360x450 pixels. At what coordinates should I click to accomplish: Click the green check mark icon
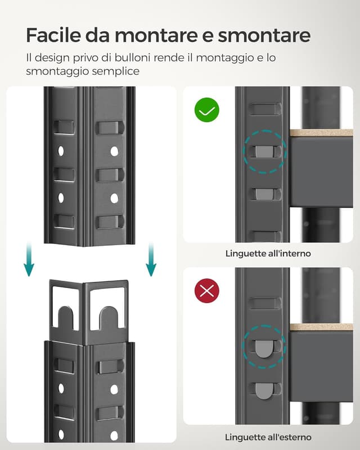coord(207,110)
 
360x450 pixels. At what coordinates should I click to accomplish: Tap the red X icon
coord(207,291)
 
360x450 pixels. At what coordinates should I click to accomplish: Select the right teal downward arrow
coord(150,260)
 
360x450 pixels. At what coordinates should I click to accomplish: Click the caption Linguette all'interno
coord(268,254)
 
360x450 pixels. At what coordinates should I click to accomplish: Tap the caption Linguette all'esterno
coord(268,437)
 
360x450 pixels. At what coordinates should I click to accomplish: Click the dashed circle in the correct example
coord(264,150)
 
